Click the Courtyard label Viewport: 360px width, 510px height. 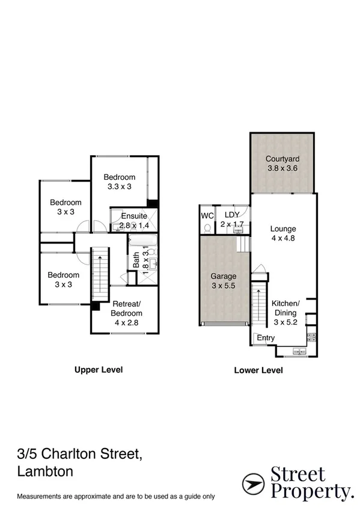point(282,159)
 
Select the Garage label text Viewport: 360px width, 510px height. point(223,277)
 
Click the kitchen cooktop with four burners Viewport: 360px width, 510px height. point(311,337)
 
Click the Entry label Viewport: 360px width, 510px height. point(266,338)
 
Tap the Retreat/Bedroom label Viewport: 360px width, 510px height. point(126,309)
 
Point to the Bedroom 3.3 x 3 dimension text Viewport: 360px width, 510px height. point(119,186)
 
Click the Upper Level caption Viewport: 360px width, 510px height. point(98,370)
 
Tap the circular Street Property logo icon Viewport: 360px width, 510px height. point(254,482)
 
